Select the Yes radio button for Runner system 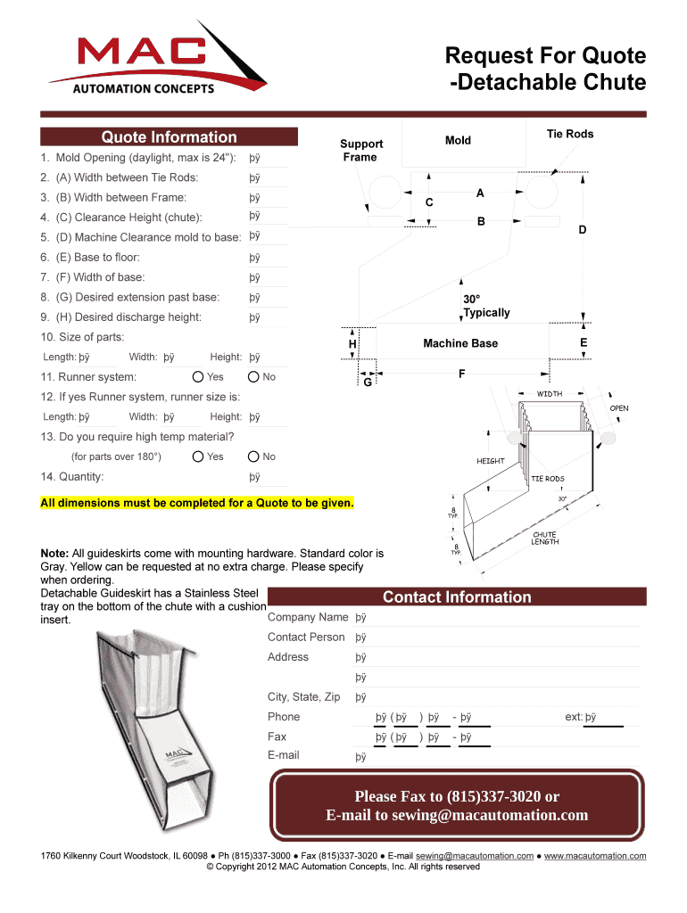pos(198,377)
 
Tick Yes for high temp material pos(198,456)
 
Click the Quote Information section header pos(169,137)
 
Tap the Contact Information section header pos(456,597)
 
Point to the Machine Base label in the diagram pos(460,343)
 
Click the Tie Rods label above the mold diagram pos(569,135)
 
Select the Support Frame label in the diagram pos(361,150)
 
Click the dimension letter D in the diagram pos(583,230)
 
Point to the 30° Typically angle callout pos(486,306)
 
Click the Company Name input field pos(496,618)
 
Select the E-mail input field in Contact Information pos(496,757)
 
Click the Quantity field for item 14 pos(268,478)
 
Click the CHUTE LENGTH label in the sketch pos(544,539)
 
